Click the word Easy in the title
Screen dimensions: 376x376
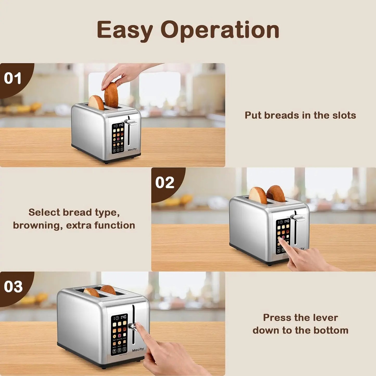tap(125, 30)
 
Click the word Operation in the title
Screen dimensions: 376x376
tap(220, 30)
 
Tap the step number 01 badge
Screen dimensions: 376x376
tap(13, 78)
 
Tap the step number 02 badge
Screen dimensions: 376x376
tap(165, 182)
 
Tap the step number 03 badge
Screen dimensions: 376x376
tap(13, 286)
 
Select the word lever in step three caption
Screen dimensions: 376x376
tap(325, 317)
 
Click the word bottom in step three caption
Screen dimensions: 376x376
tap(331, 330)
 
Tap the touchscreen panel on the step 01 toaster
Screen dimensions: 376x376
tap(118, 138)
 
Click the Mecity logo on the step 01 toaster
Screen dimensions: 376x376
tap(132, 149)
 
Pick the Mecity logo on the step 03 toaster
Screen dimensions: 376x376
tap(138, 350)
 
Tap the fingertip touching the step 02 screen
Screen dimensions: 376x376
tap(281, 240)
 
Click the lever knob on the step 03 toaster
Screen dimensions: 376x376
tap(132, 327)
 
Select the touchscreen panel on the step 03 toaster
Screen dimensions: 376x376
tap(119, 334)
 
